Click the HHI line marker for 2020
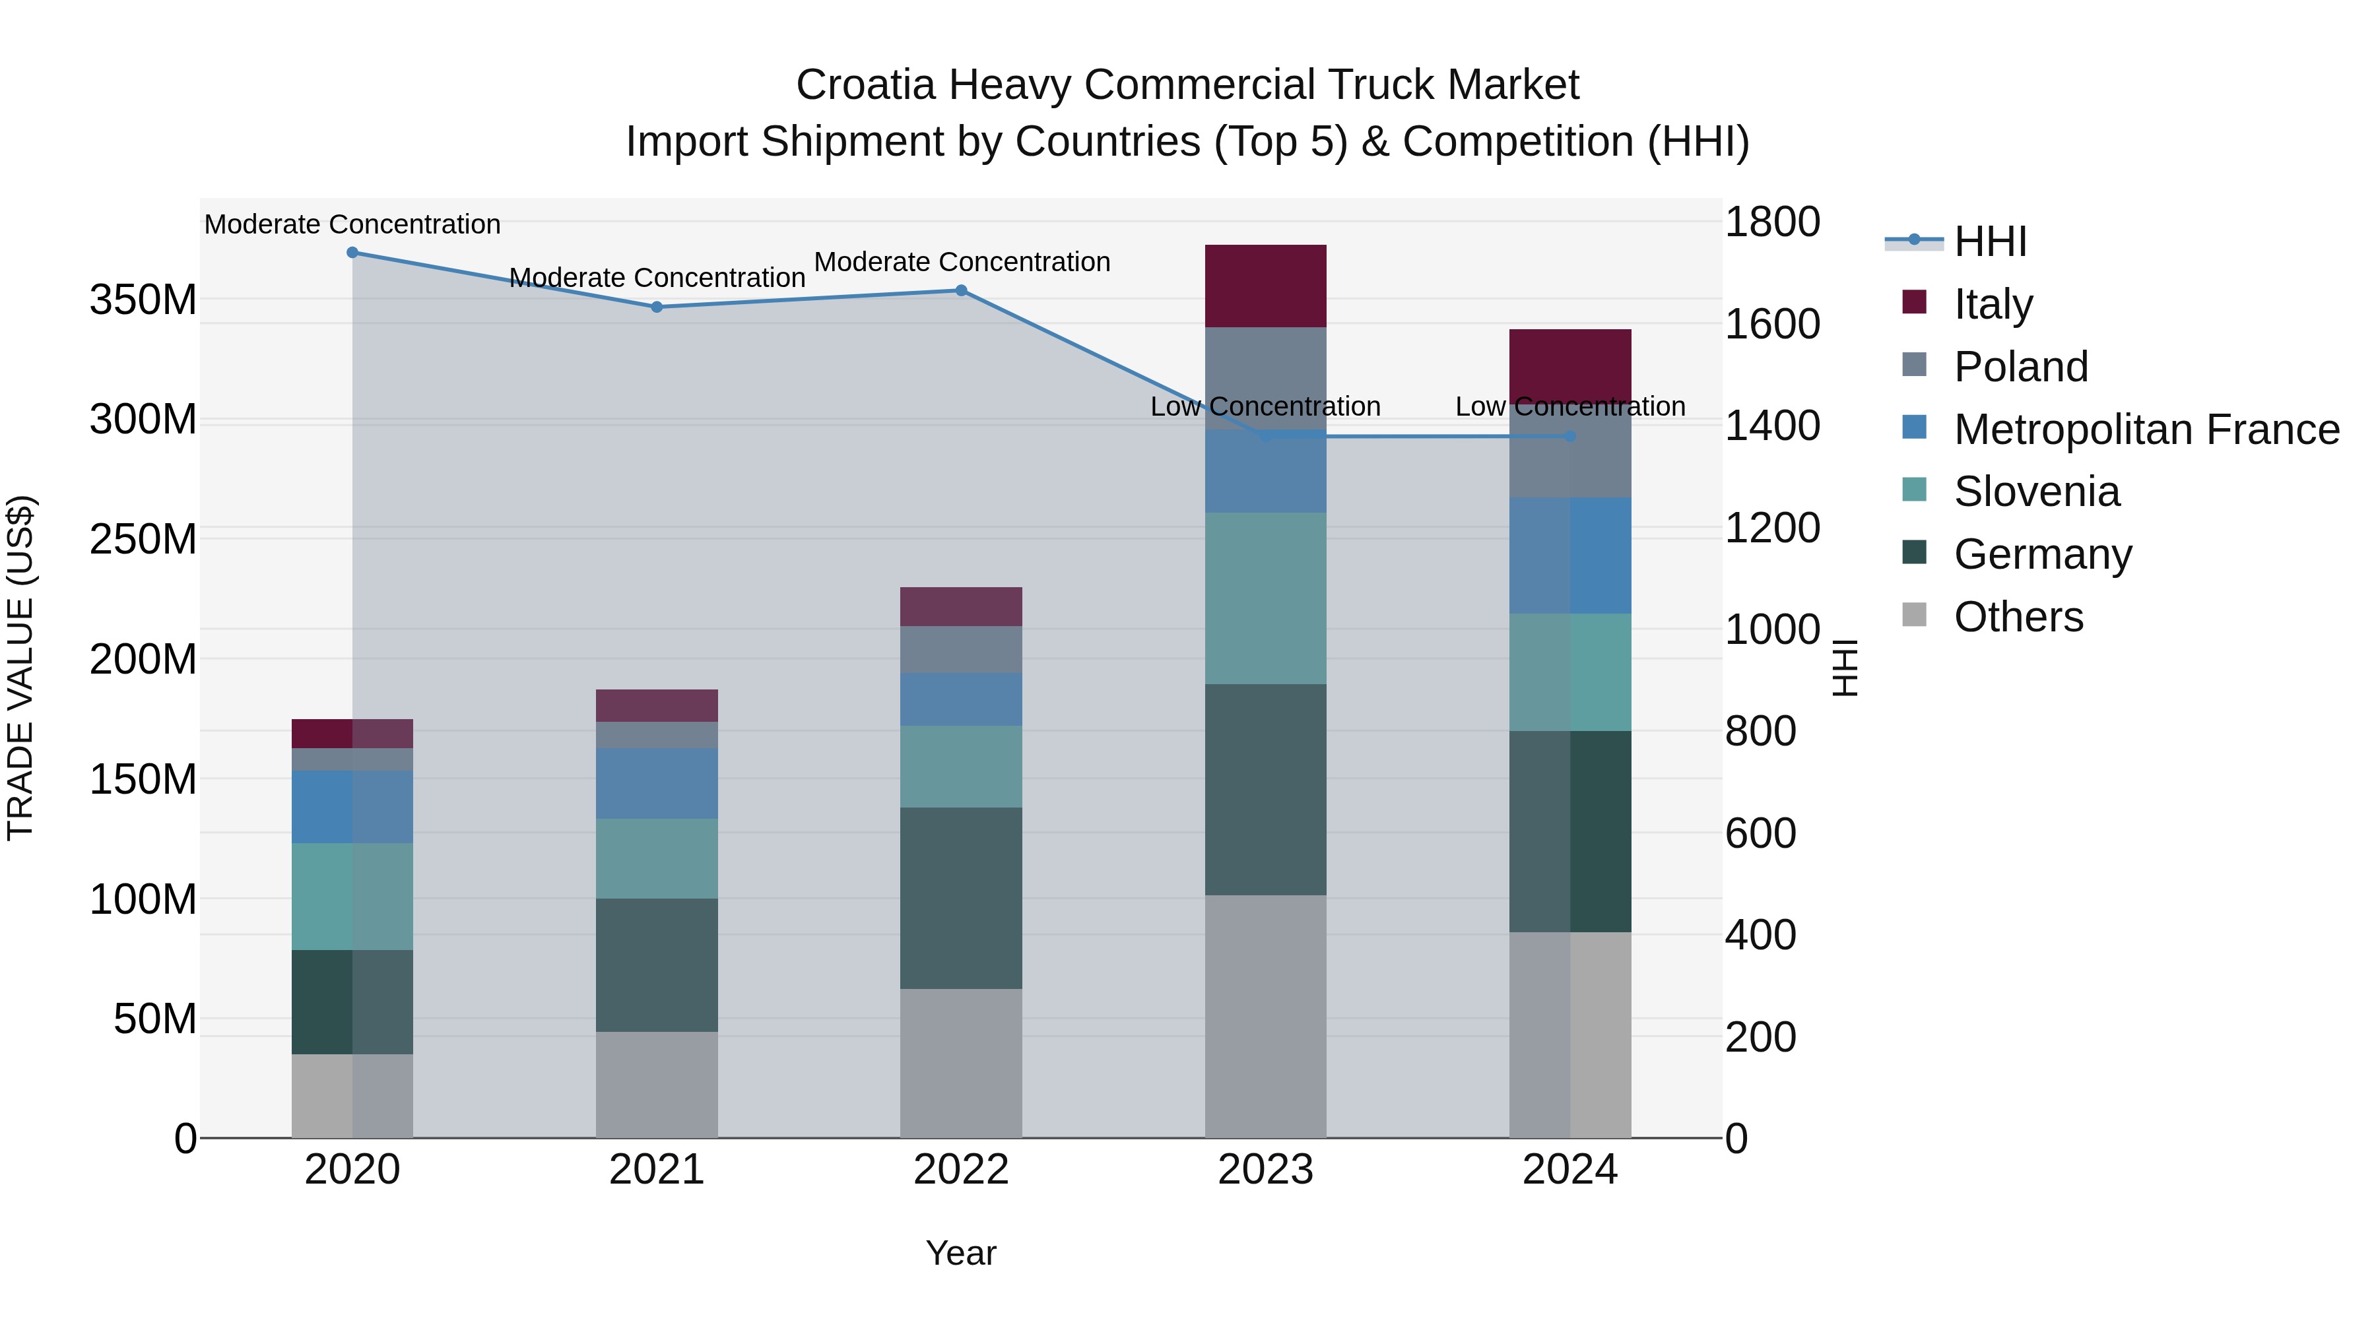[352, 253]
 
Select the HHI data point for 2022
[961, 290]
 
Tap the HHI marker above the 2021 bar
[657, 307]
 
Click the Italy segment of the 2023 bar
[1265, 286]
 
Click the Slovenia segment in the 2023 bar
[1265, 598]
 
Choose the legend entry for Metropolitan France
[2146, 429]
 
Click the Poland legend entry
[2020, 367]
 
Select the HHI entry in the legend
[1989, 241]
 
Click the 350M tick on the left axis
[143, 301]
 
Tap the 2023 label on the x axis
[1265, 1170]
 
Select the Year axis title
[961, 1253]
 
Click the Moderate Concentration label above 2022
[961, 262]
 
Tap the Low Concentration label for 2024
[1570, 406]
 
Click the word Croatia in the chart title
[865, 85]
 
